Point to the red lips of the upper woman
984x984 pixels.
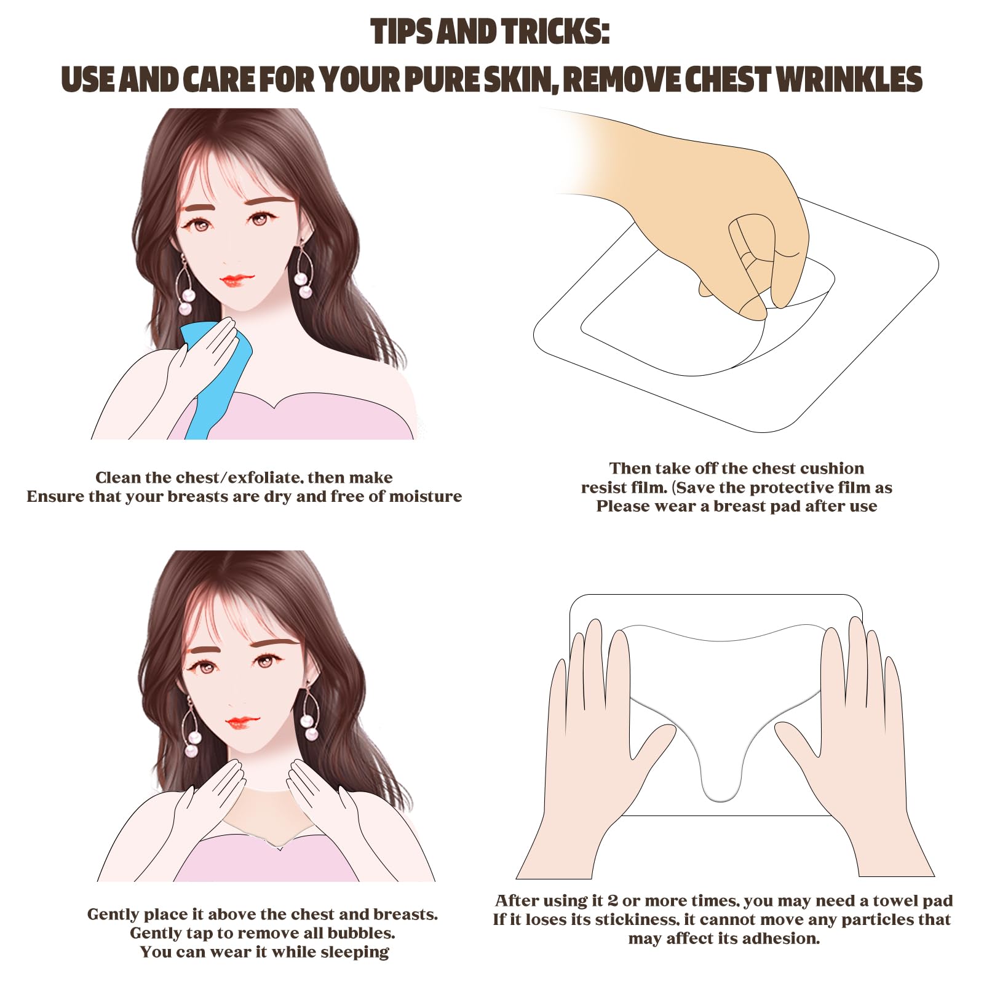click(237, 280)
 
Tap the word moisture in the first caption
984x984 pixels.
click(426, 497)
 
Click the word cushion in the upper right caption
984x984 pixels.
click(828, 469)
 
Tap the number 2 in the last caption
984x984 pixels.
click(613, 902)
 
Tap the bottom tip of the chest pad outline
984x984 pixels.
click(721, 801)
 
